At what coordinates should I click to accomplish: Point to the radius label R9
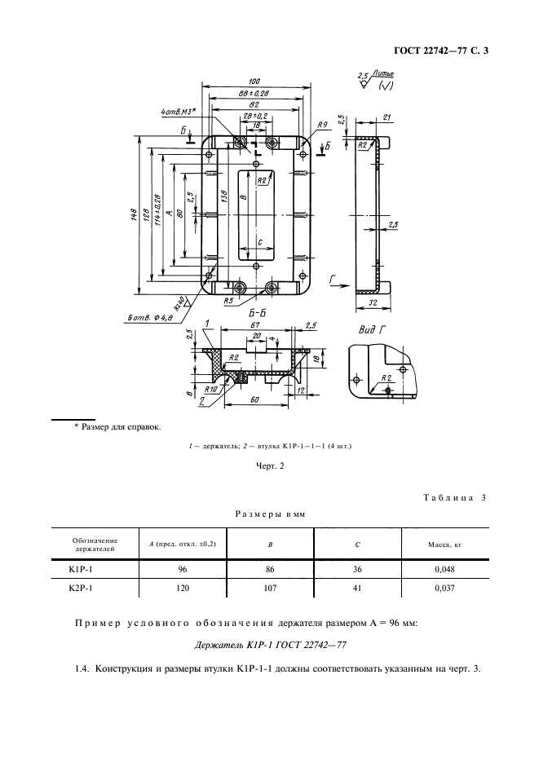[324, 123]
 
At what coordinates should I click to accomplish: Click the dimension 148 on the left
[132, 216]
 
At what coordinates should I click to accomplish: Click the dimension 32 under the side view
[373, 302]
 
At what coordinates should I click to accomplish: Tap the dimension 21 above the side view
[387, 116]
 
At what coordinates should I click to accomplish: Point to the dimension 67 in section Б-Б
[254, 324]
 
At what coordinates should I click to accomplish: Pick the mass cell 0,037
[440, 587]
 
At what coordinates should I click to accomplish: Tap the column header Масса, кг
[440, 543]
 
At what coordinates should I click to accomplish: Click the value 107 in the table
[269, 587]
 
